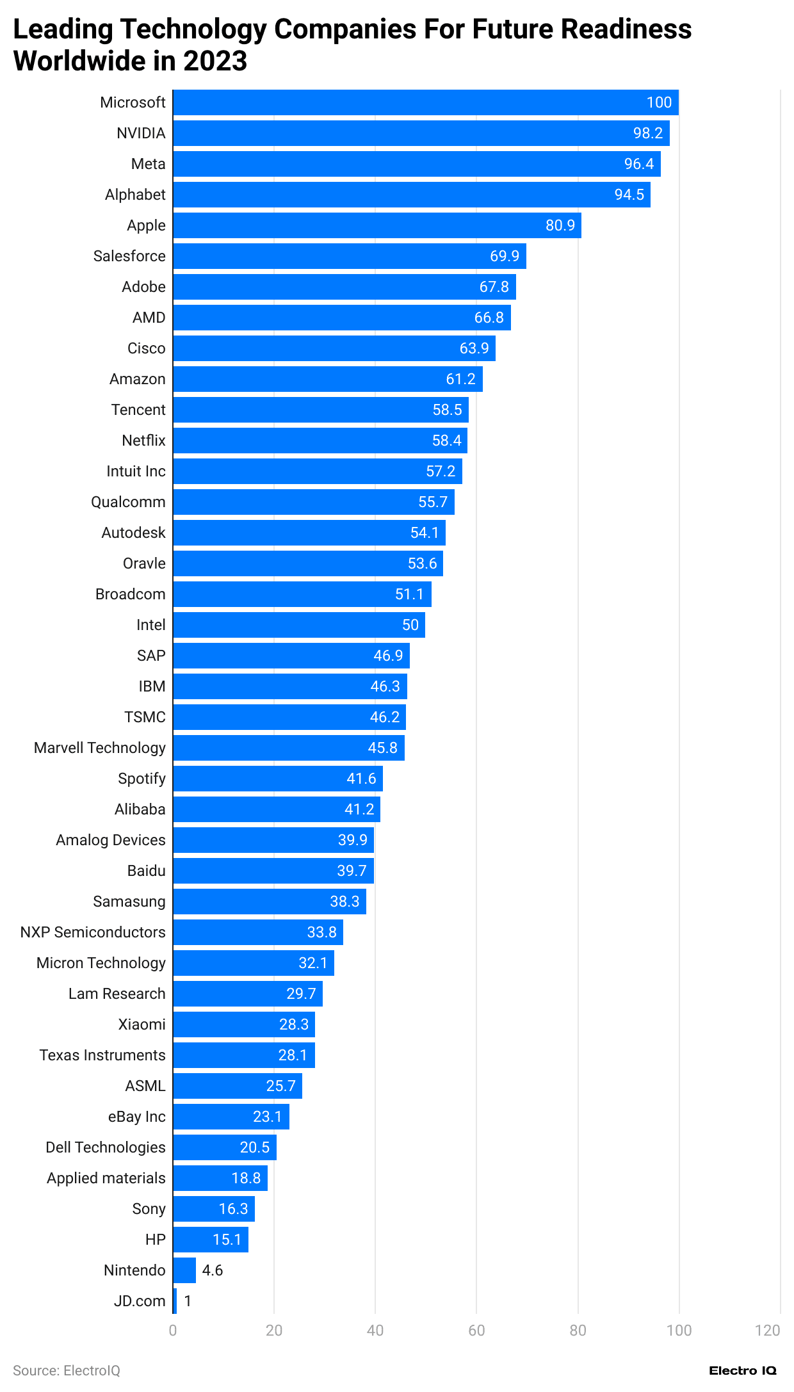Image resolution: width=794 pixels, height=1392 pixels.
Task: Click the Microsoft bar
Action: tap(425, 102)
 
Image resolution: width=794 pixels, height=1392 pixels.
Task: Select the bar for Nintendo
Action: tap(184, 1270)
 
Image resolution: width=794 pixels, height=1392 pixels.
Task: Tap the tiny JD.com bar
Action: tap(175, 1301)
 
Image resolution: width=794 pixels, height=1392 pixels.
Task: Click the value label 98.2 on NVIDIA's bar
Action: tap(647, 133)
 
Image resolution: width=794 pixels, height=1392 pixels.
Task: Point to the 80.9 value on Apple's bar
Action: tap(560, 225)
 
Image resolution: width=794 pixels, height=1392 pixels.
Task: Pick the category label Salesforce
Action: tap(129, 256)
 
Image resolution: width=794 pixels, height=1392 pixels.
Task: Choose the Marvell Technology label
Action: tap(100, 748)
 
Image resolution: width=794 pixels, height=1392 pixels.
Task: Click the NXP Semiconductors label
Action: tap(93, 932)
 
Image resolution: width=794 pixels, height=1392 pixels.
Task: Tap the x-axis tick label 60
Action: tap(476, 1331)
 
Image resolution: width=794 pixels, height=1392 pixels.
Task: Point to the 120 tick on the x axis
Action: tap(767, 1331)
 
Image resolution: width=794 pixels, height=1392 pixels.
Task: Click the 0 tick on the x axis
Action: tap(173, 1331)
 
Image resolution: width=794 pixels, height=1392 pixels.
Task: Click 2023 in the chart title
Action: tap(215, 61)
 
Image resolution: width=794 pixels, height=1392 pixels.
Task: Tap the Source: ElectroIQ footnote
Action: tap(67, 1371)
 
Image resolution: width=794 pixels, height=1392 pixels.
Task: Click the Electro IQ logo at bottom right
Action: tap(742, 1371)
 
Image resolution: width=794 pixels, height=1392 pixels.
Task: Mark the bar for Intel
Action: tap(299, 625)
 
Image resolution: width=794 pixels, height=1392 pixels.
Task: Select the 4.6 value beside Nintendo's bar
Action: tap(213, 1270)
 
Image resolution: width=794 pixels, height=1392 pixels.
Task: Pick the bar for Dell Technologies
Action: tap(225, 1147)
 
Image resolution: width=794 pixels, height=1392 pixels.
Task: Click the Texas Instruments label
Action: tap(102, 1055)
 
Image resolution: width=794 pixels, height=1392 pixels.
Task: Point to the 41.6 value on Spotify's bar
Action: tap(361, 779)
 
